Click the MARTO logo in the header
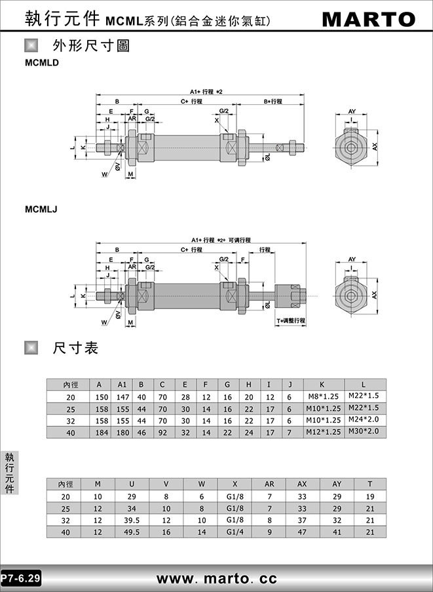click(x=369, y=19)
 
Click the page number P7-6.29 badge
click(x=21, y=578)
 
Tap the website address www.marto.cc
click(x=217, y=578)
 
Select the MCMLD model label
click(x=42, y=63)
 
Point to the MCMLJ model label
click(x=41, y=209)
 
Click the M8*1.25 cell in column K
click(x=324, y=396)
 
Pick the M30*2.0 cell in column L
click(x=364, y=431)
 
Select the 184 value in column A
click(x=102, y=433)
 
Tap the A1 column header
click(x=122, y=384)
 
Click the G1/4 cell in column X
click(x=235, y=532)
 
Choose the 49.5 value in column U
click(x=132, y=532)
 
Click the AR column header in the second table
click(x=269, y=484)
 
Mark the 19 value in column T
click(x=370, y=496)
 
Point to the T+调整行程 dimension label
click(x=291, y=320)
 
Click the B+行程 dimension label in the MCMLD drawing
click(x=273, y=102)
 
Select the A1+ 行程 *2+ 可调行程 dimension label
click(x=221, y=240)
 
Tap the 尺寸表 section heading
click(x=75, y=348)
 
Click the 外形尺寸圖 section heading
click(x=91, y=46)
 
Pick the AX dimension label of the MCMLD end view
click(x=375, y=147)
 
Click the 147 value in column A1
click(x=122, y=398)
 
